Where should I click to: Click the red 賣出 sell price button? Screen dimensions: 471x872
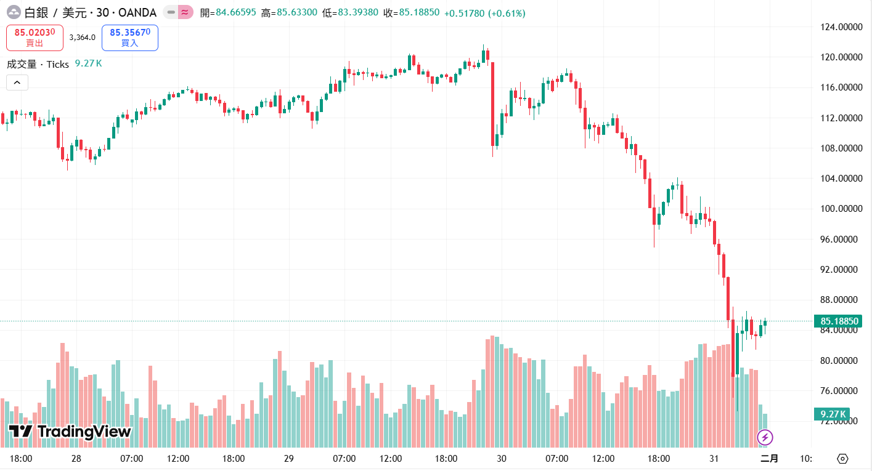coord(35,38)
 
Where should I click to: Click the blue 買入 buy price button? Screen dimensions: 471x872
coord(129,38)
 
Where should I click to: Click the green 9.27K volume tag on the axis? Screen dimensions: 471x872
coord(831,414)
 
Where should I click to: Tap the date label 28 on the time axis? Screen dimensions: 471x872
coord(76,459)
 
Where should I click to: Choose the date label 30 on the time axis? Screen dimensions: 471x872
coord(502,459)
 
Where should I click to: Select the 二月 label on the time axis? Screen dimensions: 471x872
coord(769,459)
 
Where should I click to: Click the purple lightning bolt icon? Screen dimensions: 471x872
coord(765,438)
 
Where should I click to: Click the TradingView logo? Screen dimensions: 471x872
coord(70,432)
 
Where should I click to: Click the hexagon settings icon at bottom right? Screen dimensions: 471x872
coord(842,459)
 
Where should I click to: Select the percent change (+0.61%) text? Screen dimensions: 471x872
coord(507,13)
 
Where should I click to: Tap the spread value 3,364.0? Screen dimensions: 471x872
coord(83,38)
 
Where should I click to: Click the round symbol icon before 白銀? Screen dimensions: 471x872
coord(13,12)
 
